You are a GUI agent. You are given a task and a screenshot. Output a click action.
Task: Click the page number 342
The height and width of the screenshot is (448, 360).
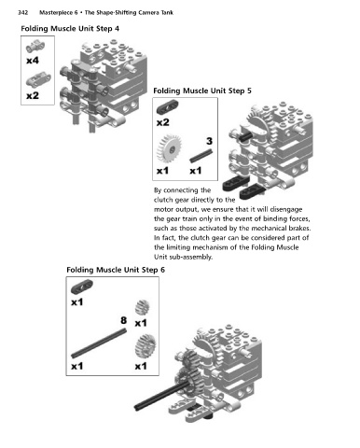point(23,13)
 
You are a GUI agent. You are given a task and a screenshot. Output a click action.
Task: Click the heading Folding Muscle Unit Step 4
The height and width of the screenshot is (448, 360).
point(70,29)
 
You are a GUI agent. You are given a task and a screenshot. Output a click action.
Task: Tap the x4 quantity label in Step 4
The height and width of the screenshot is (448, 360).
point(33,60)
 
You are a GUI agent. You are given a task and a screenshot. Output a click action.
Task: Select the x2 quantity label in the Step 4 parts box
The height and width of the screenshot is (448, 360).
point(33,95)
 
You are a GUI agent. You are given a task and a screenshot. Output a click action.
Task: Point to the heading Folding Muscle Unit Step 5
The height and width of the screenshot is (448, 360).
point(202,91)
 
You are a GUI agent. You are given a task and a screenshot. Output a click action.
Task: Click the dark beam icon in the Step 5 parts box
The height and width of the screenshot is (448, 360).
point(167,106)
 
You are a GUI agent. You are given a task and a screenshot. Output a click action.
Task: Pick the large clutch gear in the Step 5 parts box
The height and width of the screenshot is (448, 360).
point(169,148)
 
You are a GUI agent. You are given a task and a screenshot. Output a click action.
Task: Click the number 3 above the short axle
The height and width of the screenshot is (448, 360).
point(209,141)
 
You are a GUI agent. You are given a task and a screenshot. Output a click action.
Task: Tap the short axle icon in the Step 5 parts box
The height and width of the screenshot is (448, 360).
point(201,156)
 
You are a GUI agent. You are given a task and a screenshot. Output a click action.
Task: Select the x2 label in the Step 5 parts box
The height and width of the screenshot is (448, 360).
point(163,122)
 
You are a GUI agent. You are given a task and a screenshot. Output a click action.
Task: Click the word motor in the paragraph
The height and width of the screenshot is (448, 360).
point(163,209)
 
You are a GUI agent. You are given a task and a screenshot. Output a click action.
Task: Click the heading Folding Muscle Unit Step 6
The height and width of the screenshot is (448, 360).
point(116,270)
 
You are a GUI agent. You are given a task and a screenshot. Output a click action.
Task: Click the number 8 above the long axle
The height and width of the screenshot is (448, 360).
point(124,320)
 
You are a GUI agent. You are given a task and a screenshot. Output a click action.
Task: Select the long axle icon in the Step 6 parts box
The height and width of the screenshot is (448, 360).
point(99,343)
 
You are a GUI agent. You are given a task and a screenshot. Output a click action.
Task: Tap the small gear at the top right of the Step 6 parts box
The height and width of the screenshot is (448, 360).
point(142,307)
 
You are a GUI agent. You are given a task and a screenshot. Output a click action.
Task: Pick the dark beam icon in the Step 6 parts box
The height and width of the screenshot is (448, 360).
point(82,287)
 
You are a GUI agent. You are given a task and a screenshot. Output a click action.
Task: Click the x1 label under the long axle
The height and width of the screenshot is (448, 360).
point(77,366)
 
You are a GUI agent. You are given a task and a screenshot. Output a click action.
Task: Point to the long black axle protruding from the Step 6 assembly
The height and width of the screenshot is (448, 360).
point(161,396)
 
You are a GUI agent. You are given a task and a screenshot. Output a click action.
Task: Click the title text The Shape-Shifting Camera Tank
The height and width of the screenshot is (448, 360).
point(129,13)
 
